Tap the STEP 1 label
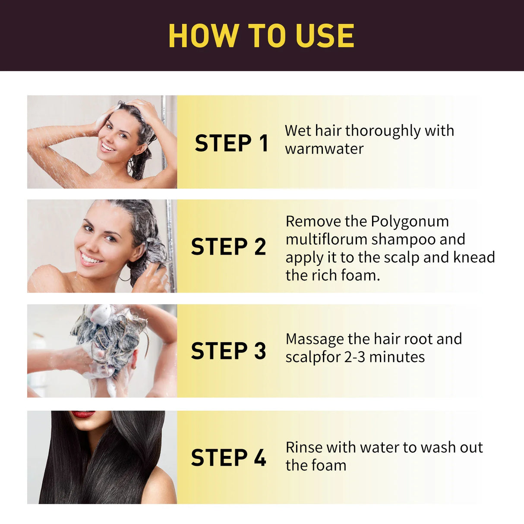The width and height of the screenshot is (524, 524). point(231,143)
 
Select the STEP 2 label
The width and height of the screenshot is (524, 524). point(228,247)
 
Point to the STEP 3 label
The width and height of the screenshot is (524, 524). point(228,351)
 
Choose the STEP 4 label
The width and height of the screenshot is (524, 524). point(228,458)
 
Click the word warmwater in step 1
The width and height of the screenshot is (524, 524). point(324,149)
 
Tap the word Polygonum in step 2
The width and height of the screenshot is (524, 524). point(410,221)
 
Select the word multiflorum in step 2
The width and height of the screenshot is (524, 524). point(326,239)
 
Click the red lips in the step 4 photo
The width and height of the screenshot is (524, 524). point(82,414)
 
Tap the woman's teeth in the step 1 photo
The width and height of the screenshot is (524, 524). point(107,148)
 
